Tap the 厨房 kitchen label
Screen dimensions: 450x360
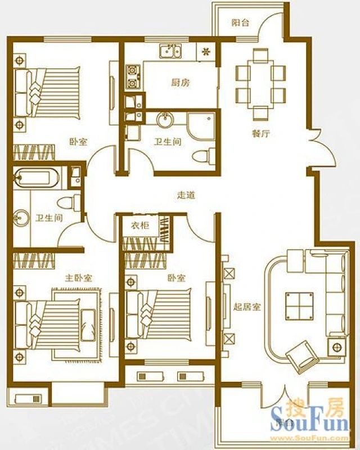(x=180, y=83)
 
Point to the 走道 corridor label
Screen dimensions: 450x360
(x=186, y=196)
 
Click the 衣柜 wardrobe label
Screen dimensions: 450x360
(x=140, y=226)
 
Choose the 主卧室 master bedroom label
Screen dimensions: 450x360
(x=79, y=278)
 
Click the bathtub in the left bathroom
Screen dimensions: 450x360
(x=37, y=179)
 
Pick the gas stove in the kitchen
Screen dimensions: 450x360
(x=132, y=78)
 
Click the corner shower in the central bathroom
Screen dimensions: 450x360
(x=200, y=126)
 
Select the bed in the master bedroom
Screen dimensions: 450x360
(x=56, y=322)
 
